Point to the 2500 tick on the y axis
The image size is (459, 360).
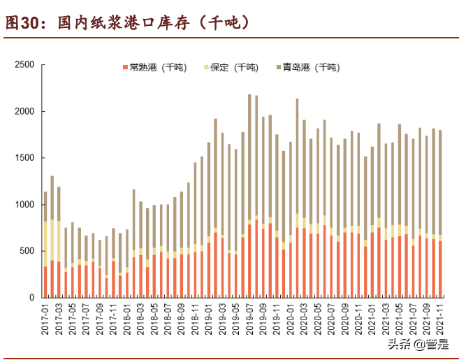[24, 65]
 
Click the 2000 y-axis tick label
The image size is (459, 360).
[24, 112]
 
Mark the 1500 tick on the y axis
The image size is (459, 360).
[24, 158]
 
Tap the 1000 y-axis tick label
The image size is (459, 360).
[24, 205]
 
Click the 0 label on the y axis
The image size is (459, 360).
[32, 298]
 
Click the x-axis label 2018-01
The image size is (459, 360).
[127, 318]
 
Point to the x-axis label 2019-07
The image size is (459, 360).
[249, 318]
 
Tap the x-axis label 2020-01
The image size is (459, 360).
[290, 318]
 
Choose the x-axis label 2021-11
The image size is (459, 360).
[439, 318]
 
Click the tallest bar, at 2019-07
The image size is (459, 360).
[249, 196]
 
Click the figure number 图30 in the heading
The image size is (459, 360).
[21, 23]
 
